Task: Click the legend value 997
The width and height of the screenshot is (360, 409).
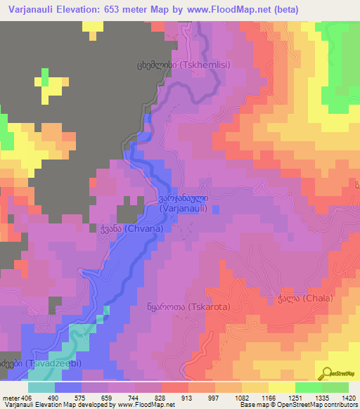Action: click(231, 397)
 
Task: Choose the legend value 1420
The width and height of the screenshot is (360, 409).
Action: click(347, 397)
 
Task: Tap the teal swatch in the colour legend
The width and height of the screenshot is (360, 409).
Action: click(41, 387)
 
